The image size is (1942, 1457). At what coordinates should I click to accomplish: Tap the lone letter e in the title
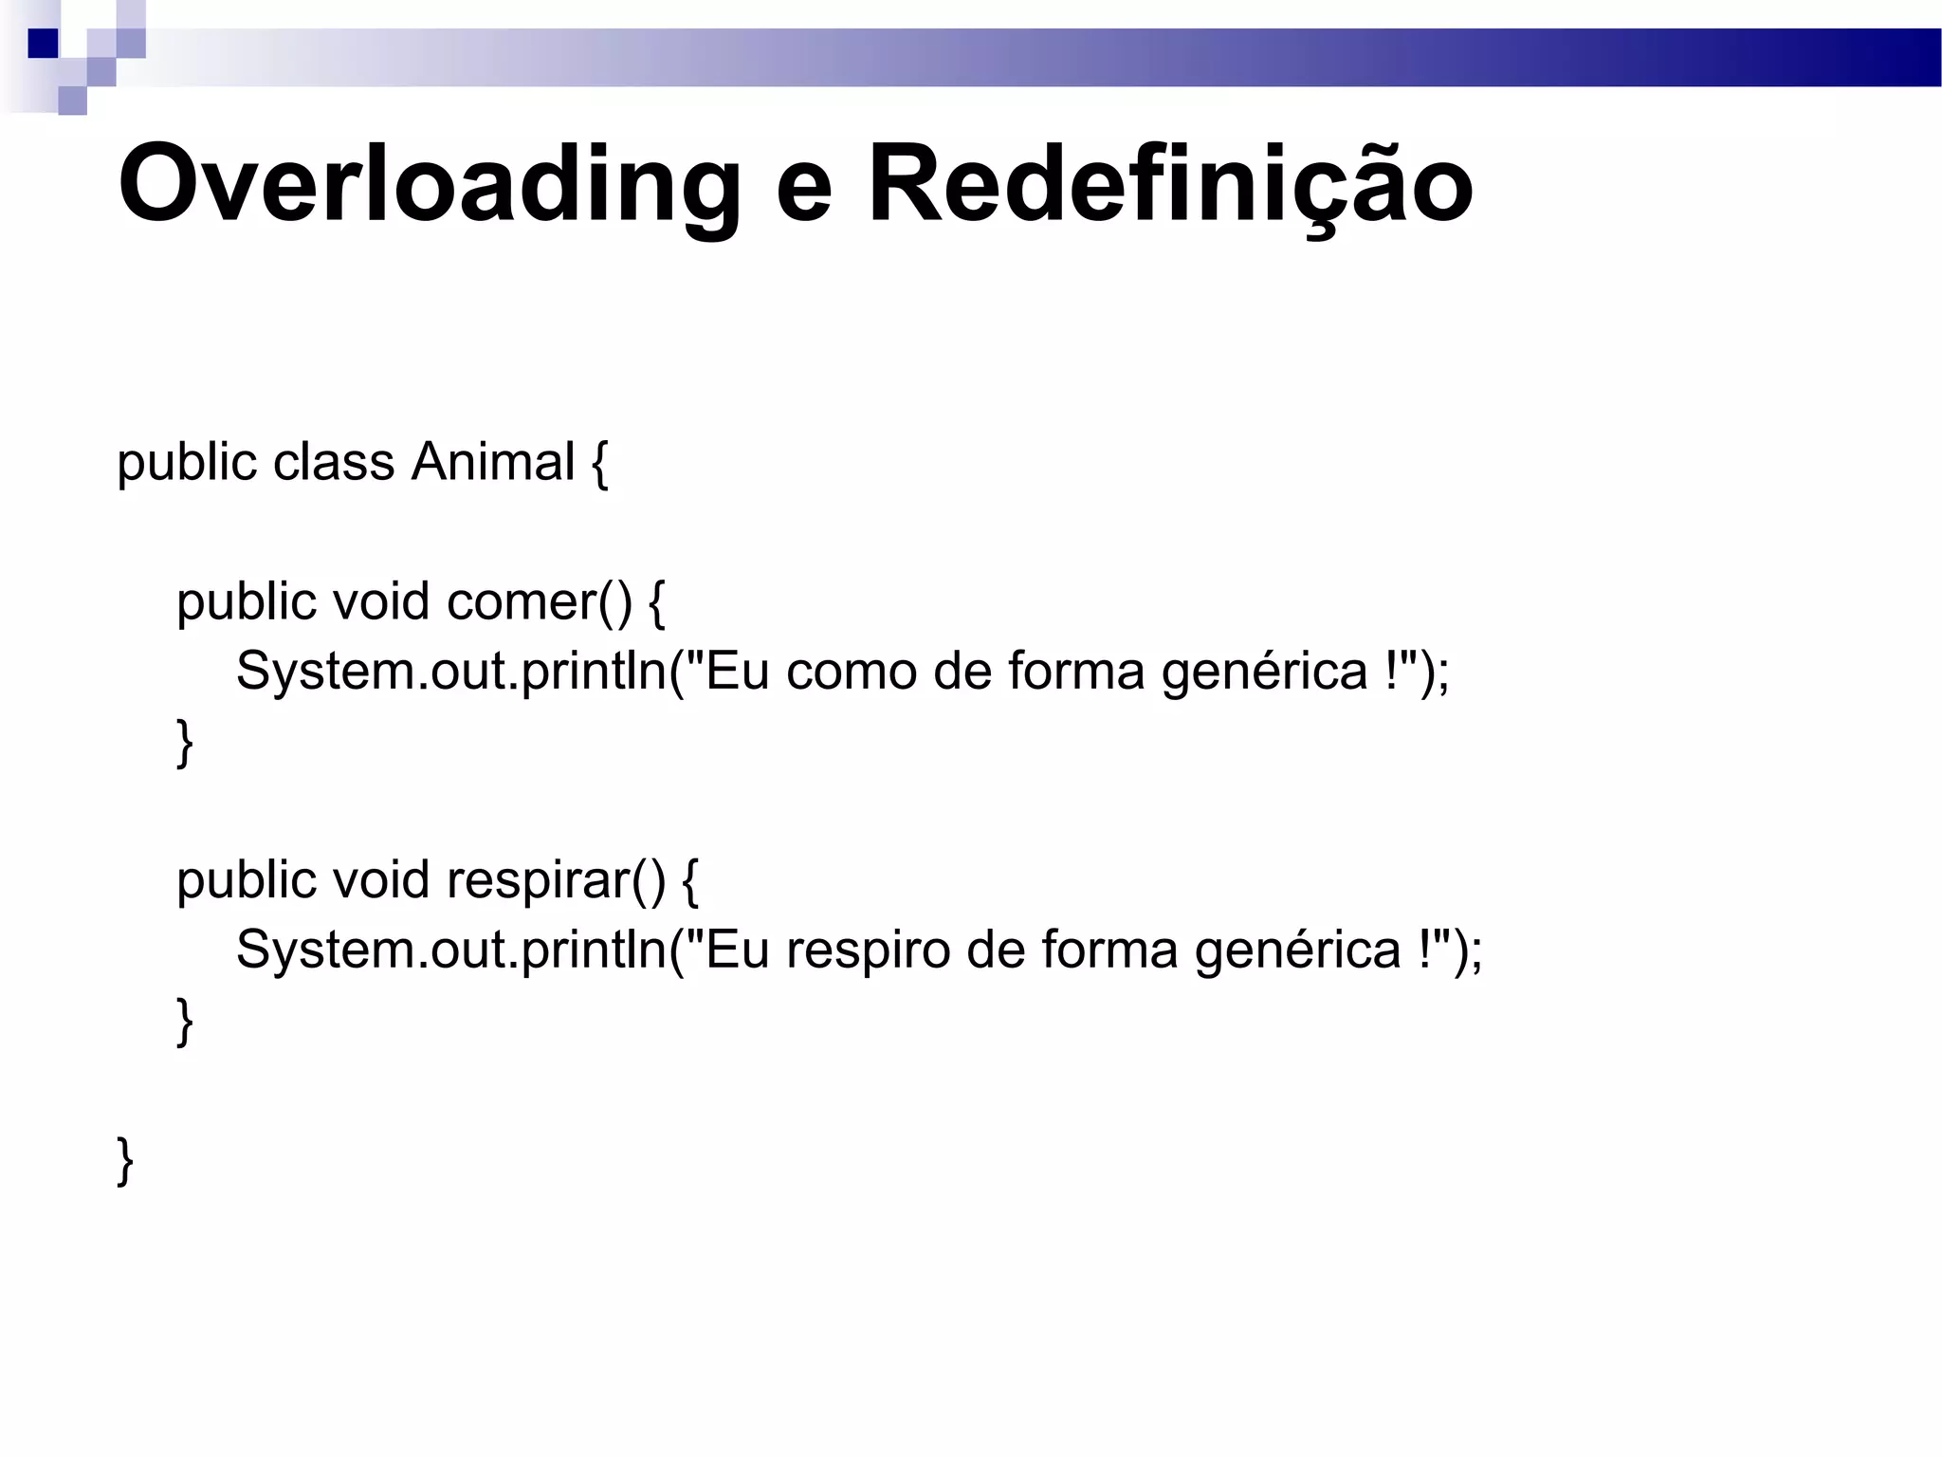coord(803,190)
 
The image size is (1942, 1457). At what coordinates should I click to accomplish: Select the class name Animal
coord(492,463)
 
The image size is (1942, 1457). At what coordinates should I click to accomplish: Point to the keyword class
coord(334,463)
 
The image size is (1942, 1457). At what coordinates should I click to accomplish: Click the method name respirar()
coord(556,880)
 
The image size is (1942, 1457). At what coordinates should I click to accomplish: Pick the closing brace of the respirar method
coord(185,1022)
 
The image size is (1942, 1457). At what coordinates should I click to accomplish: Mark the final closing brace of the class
coord(125,1161)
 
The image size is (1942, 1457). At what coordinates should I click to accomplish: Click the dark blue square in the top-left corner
coord(43,44)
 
